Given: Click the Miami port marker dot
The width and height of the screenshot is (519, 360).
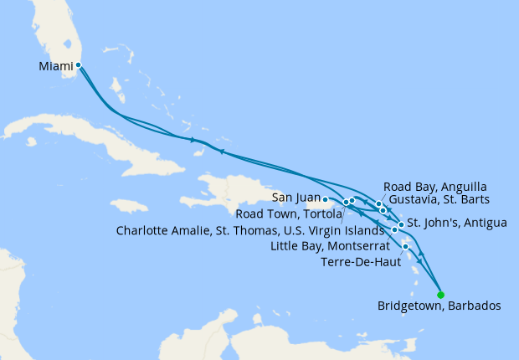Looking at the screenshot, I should [78, 64].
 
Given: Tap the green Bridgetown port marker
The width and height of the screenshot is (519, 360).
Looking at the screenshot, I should [441, 294].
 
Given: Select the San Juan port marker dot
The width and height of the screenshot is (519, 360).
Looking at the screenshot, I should [325, 199].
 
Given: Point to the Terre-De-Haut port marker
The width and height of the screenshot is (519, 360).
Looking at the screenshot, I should [406, 246].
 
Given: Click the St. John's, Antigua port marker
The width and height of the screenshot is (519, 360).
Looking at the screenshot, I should [401, 224].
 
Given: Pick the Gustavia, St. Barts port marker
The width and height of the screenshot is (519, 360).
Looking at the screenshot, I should [383, 211].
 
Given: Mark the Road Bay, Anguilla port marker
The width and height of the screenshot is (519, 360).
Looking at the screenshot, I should [379, 203].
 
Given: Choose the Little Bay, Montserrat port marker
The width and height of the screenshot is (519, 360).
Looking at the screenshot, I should [395, 229].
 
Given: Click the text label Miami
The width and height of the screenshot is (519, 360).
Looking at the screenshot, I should [56, 65].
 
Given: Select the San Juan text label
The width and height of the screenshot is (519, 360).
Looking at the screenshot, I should [296, 199].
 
